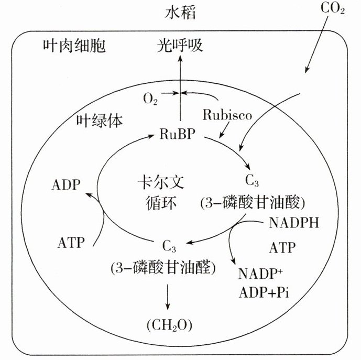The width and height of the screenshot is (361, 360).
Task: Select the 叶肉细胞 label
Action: click(x=74, y=47)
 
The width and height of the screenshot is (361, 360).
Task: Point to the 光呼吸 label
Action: click(x=180, y=47)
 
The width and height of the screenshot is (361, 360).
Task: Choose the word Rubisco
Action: click(x=227, y=114)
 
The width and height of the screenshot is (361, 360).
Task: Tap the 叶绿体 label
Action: click(x=100, y=122)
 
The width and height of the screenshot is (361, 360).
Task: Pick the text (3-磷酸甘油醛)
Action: click(x=163, y=268)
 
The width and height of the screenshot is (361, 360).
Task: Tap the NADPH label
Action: click(x=293, y=222)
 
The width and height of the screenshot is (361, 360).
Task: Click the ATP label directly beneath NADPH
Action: click(x=282, y=247)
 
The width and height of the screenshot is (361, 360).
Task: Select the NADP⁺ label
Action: click(x=260, y=274)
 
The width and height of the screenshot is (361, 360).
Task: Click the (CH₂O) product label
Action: click(x=169, y=325)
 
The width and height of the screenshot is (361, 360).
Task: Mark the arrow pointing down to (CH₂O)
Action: click(x=168, y=297)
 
